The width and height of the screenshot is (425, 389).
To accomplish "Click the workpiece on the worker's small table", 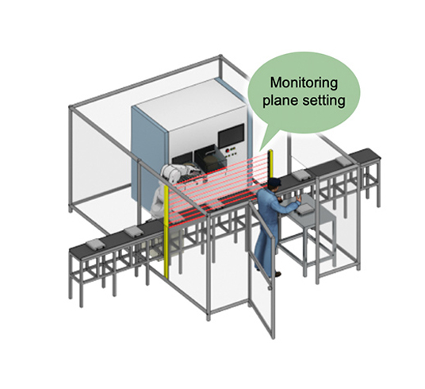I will (x=304, y=208).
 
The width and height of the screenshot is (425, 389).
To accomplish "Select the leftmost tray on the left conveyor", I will (x=94, y=241).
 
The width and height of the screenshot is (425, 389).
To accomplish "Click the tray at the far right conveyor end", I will (x=343, y=160).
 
